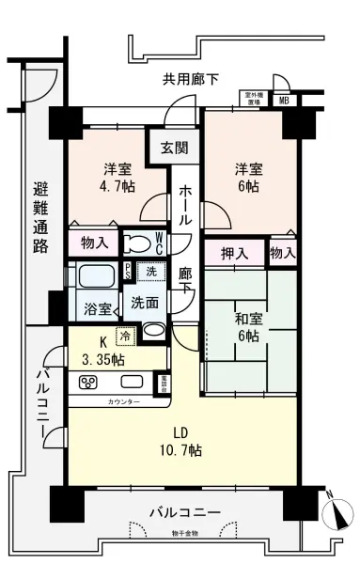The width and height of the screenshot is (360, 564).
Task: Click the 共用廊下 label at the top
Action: click(190, 80)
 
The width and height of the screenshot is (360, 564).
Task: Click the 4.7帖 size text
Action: click(117, 188)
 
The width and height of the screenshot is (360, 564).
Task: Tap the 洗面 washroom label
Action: click(145, 304)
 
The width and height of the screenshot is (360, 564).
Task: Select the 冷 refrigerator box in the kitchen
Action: click(125, 334)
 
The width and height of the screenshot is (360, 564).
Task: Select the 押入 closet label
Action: click(234, 252)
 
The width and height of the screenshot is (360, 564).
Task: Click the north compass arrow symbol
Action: click(336, 513)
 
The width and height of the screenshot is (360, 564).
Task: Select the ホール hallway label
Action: click(185, 202)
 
